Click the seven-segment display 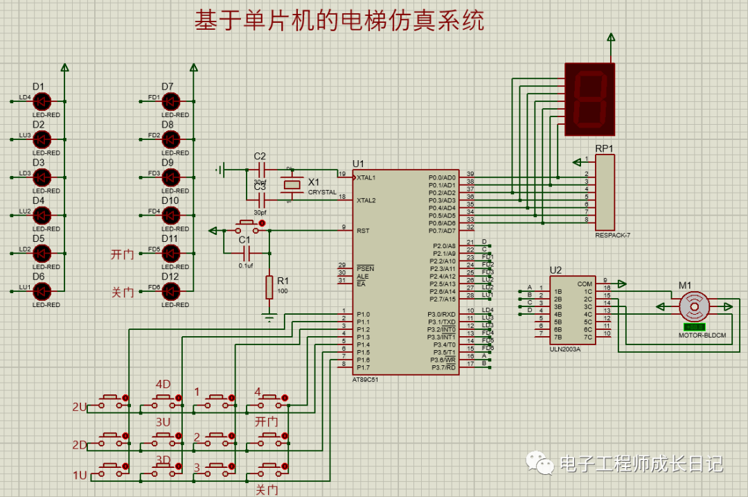[x=589, y=98]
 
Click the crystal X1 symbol [x=292, y=184]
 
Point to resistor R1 [x=269, y=287]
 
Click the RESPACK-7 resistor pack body [x=604, y=192]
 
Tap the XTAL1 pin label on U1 [x=366, y=177]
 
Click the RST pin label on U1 [x=363, y=230]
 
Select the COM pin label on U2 [x=585, y=284]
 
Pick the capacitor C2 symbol [x=261, y=169]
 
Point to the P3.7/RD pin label [x=443, y=367]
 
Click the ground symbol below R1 [x=269, y=317]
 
